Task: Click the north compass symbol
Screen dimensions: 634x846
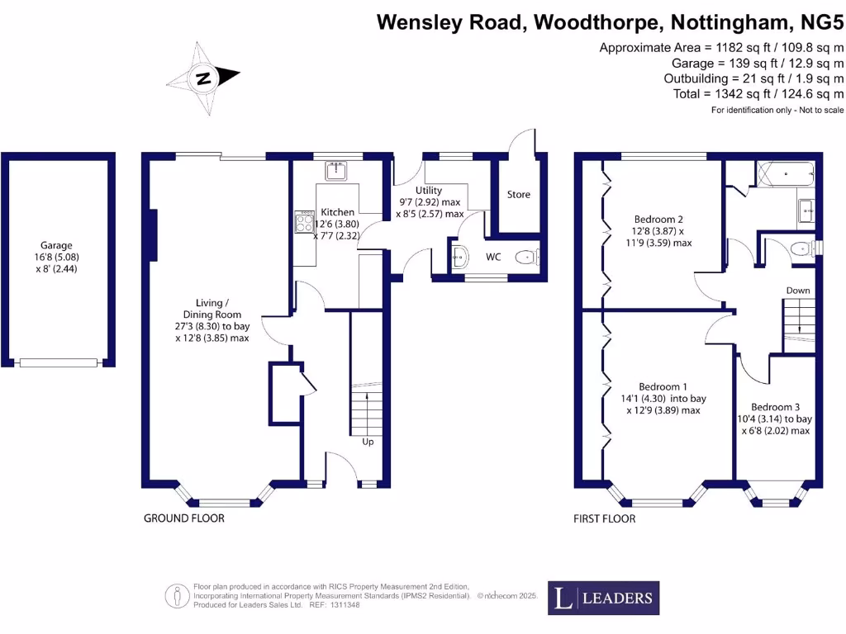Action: click(202, 79)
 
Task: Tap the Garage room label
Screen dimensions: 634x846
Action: click(57, 245)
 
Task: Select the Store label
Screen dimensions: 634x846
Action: click(518, 195)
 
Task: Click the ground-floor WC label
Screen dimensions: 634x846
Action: click(493, 257)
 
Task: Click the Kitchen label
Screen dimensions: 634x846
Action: click(337, 212)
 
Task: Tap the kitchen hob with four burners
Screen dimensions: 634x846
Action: click(302, 223)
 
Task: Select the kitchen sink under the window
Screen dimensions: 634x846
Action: click(335, 171)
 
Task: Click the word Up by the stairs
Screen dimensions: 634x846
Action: click(368, 442)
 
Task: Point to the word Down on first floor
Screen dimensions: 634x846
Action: click(798, 291)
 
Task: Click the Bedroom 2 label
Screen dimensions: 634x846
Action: click(658, 220)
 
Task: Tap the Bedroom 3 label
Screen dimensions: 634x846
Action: click(775, 407)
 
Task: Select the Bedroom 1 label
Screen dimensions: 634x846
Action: click(663, 386)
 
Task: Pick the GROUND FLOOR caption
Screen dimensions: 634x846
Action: click(184, 518)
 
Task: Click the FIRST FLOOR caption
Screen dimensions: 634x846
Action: click(605, 519)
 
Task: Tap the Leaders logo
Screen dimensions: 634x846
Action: click(604, 598)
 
